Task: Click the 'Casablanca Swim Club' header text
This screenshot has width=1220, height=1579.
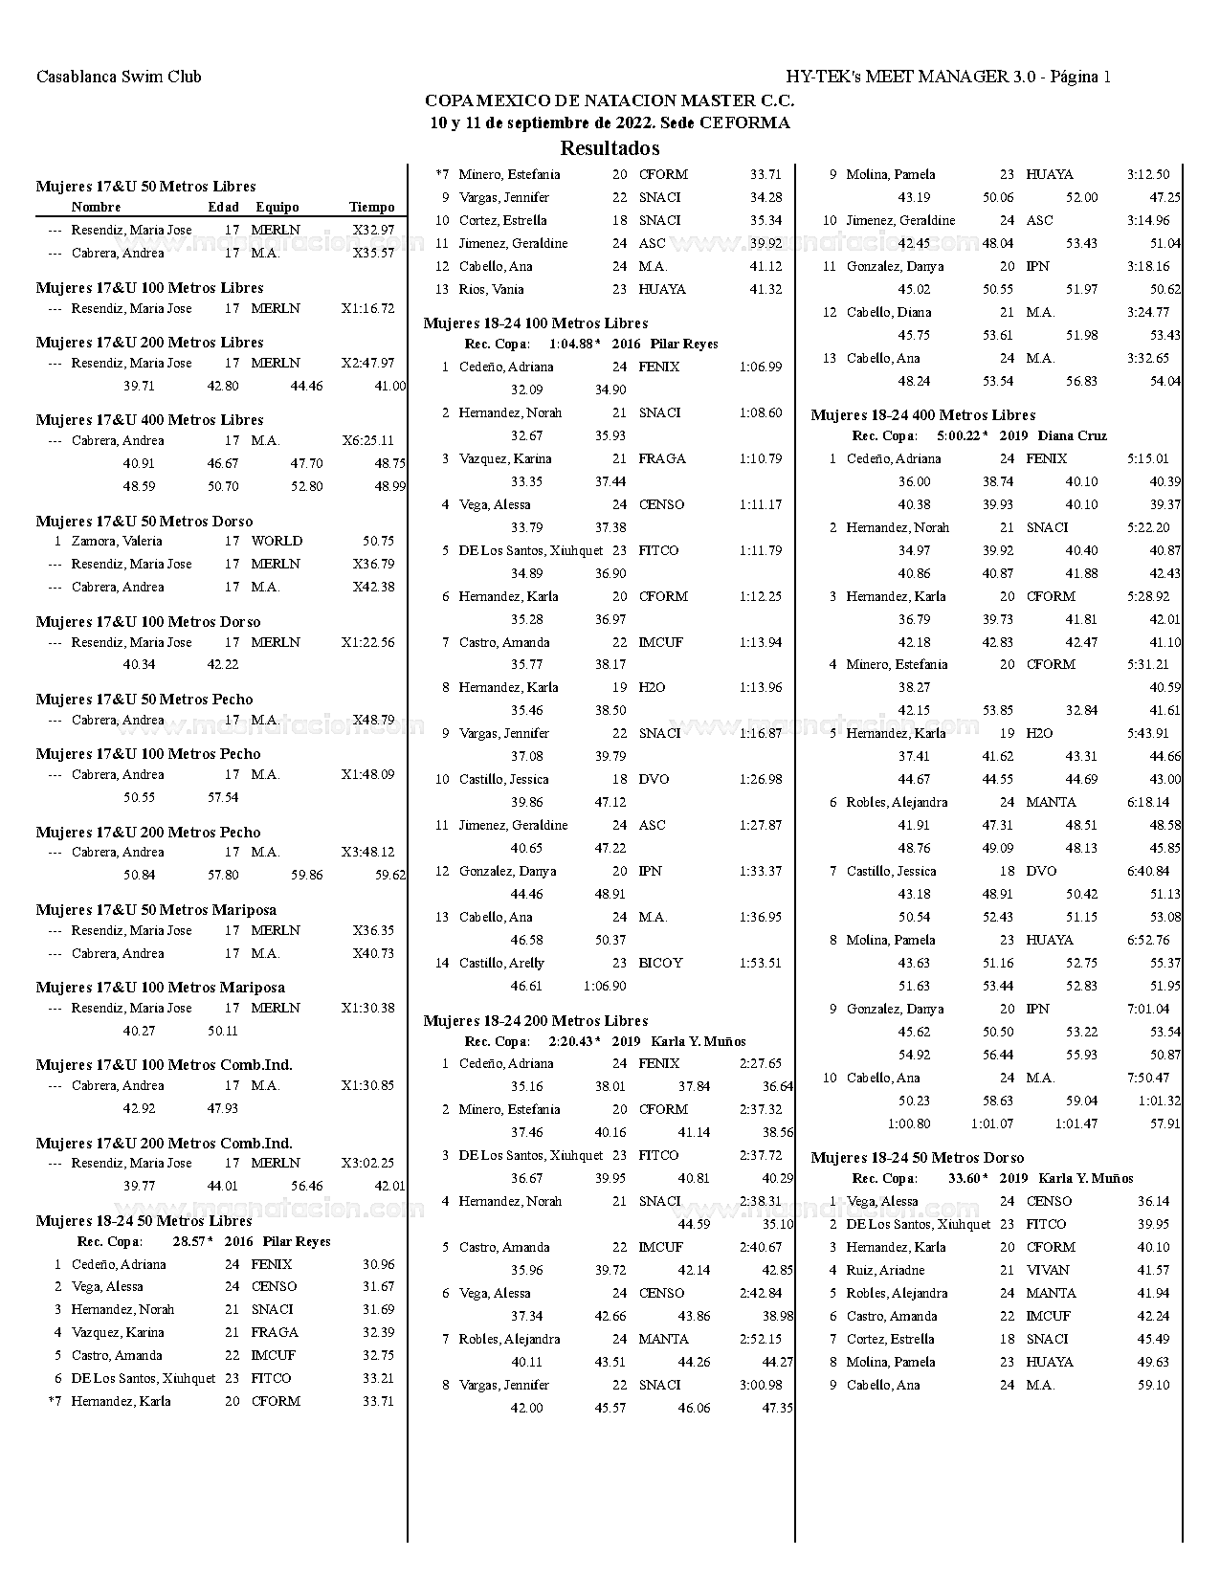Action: pos(119,77)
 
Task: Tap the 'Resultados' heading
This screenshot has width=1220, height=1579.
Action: pos(610,148)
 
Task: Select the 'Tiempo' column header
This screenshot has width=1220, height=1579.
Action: pos(371,207)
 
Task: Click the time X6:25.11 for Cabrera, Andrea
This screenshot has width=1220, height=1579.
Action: pos(367,441)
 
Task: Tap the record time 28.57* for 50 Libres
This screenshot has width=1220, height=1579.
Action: pos(192,1241)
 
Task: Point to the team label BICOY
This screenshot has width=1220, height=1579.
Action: pos(660,963)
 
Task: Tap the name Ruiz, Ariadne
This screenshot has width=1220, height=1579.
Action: pos(885,1270)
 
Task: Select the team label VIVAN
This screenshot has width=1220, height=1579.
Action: pos(1048,1270)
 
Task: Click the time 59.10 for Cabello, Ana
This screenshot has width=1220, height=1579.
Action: pos(1153,1385)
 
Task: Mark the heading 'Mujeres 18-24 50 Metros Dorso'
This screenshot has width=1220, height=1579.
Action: pos(917,1158)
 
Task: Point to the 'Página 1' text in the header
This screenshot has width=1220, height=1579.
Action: pos(1080,77)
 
